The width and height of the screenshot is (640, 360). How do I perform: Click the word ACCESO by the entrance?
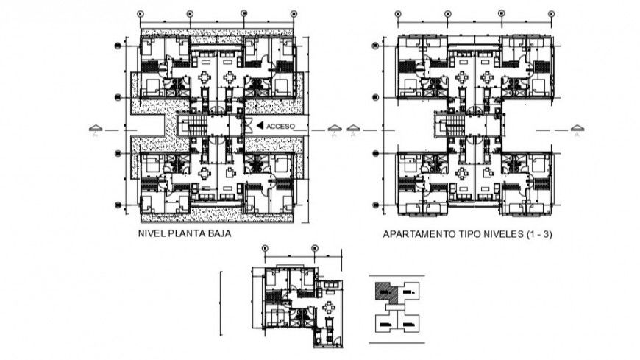280,126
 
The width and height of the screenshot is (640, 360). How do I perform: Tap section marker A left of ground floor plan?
95,132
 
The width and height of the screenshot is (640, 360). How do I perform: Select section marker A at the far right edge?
577,132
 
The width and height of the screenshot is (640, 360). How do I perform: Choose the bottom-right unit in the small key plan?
410,322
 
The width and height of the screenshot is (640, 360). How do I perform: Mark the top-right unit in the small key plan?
410,293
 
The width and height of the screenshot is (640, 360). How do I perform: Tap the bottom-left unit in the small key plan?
385,322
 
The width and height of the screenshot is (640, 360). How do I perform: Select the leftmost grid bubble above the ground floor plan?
141,13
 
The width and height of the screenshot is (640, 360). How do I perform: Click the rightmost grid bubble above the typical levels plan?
548,13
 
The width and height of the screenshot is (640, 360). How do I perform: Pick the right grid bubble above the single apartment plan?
315,248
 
